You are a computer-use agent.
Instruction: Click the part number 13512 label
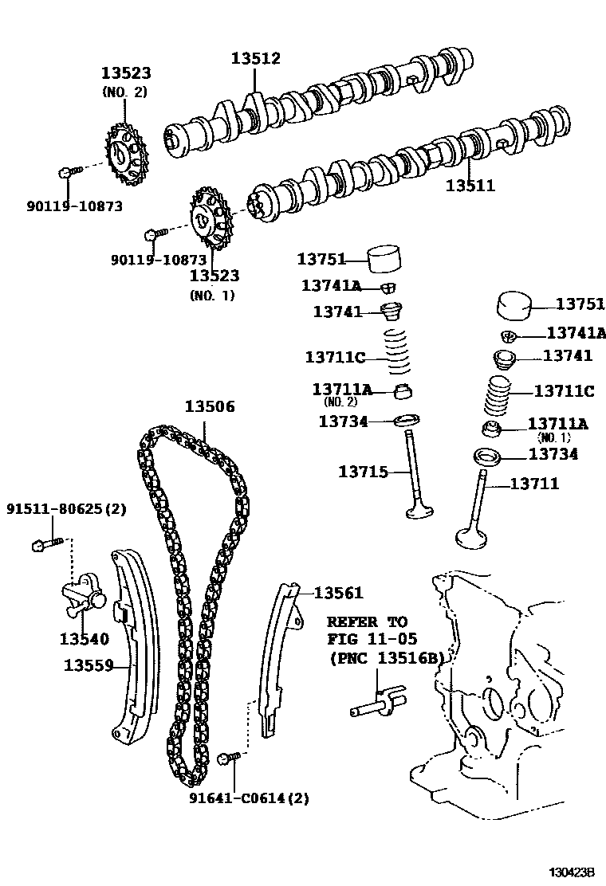tap(256, 58)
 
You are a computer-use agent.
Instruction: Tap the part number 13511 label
tap(470, 186)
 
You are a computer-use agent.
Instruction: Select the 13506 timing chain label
tap(210, 407)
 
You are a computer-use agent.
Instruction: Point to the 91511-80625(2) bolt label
tap(67, 508)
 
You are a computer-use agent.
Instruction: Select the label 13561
tap(338, 593)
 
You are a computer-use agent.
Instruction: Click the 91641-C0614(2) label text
tap(249, 798)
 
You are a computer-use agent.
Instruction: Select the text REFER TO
tap(367, 621)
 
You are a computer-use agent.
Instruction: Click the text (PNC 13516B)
tap(384, 658)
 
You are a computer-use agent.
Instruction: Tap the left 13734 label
tap(343, 421)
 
